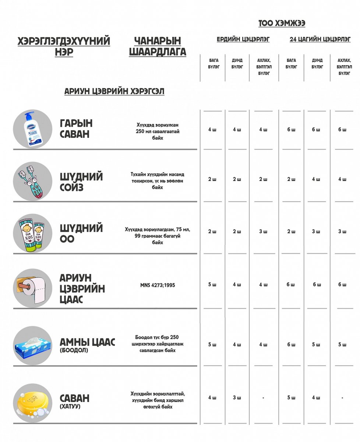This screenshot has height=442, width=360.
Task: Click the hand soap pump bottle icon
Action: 32,129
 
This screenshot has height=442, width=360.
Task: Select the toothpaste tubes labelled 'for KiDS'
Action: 32,234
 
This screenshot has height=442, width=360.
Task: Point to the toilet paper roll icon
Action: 32,288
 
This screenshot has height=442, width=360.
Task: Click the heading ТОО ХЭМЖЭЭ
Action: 282,23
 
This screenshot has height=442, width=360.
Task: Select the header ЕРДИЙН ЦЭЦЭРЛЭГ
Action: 243,39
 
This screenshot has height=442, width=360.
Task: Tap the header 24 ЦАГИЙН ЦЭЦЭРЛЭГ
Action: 320,39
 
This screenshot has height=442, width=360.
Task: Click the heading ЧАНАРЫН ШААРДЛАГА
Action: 158,46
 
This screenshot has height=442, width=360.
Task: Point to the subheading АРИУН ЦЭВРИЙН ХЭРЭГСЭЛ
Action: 114,91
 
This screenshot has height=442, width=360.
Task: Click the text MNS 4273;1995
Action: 158,285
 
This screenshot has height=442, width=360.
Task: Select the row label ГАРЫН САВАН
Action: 76,128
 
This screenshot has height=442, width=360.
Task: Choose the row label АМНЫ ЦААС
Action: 87,342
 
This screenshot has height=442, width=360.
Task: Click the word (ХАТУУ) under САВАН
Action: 70,407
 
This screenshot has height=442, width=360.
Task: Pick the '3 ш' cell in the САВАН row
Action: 237,398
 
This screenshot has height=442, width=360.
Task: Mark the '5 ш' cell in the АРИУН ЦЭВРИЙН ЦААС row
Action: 212,284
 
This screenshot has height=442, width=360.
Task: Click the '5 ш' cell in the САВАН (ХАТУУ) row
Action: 291,398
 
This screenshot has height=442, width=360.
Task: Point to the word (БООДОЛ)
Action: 74,350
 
